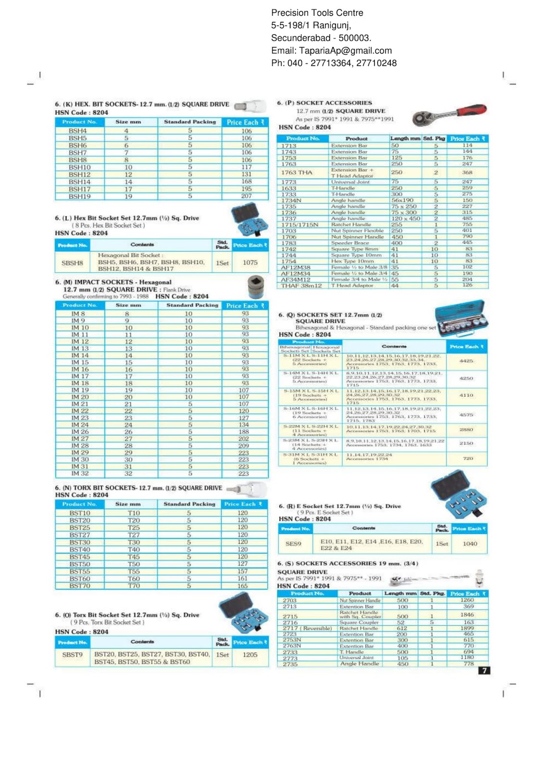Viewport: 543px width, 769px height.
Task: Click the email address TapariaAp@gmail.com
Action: [345, 50]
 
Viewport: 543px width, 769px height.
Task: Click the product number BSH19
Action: [79, 196]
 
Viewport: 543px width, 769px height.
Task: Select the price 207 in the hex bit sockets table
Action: [246, 196]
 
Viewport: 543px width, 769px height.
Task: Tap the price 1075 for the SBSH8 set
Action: [250, 262]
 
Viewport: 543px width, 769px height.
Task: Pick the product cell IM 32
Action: [80, 473]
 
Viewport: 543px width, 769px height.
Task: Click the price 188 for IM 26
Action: [244, 432]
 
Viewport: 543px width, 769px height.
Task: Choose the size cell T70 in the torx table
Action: [134, 586]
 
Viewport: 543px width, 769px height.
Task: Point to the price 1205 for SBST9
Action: [250, 655]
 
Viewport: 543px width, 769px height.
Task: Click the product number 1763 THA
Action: [296, 173]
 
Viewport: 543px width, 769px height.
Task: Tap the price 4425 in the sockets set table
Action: [466, 360]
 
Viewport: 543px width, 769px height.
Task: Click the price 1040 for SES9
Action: [469, 544]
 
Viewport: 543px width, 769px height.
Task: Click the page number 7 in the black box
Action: [484, 670]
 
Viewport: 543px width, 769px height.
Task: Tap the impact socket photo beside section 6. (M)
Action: [256, 287]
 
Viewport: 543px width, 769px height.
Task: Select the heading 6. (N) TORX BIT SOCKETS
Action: [138, 488]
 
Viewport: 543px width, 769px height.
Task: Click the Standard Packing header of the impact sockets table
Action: [192, 305]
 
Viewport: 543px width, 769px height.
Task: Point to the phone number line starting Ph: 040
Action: [333, 63]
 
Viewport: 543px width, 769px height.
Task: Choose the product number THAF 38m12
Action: [301, 285]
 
